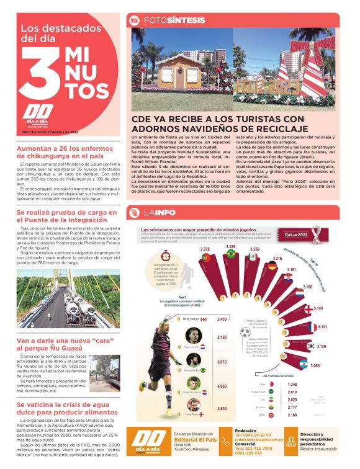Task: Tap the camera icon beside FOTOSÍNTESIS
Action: click(x=134, y=20)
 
